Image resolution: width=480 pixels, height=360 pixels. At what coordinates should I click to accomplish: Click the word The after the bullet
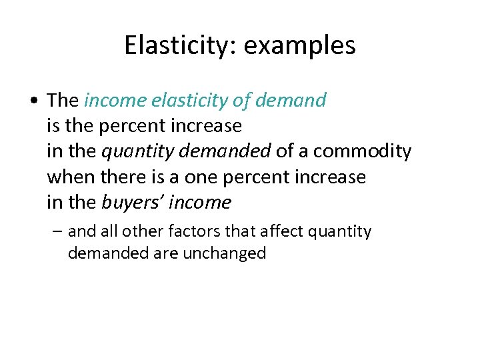click(x=63, y=100)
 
